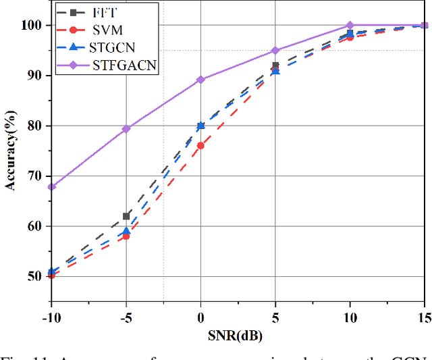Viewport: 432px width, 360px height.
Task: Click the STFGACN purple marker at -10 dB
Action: [x=51, y=186]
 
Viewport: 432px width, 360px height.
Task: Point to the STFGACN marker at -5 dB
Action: [x=126, y=128]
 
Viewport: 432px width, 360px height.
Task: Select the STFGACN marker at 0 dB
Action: [x=200, y=80]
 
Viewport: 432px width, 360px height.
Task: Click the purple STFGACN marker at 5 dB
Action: [x=275, y=51]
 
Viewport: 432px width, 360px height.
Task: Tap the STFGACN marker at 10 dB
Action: [x=350, y=25]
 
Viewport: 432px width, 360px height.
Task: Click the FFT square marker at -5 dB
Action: [x=126, y=216]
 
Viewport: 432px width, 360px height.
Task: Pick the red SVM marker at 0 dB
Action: [x=200, y=145]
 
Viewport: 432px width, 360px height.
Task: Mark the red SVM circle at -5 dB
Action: [x=126, y=236]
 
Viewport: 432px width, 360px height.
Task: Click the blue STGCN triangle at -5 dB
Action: [x=126, y=231]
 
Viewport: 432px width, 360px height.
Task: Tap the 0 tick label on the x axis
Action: [x=200, y=318]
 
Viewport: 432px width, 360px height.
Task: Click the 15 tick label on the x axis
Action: [x=423, y=318]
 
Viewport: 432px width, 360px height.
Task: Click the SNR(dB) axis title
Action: [x=238, y=336]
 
